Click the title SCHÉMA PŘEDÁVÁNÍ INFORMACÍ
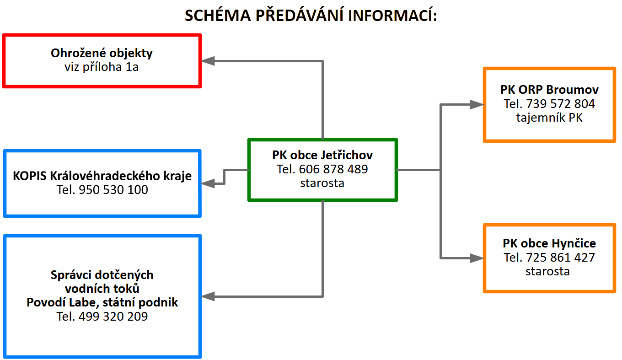tap(311, 15)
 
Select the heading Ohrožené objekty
tap(102, 53)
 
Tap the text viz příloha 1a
tap(102, 67)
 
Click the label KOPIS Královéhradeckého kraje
tap(102, 176)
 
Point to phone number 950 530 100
tap(113, 190)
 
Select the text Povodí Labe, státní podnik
tap(102, 302)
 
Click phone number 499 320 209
tap(113, 317)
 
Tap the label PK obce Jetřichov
tap(322, 155)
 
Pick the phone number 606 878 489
tap(333, 169)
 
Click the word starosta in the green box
tap(322, 183)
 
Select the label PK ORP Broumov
tap(549, 90)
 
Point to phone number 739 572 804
tap(560, 104)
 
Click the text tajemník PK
tap(549, 118)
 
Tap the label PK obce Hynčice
tap(549, 243)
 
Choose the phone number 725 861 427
tap(560, 258)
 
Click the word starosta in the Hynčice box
tap(547, 272)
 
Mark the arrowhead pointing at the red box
tap(208, 61)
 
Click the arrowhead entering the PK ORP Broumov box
tap(477, 105)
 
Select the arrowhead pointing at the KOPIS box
tap(208, 183)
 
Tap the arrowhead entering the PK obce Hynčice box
tap(477, 258)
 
